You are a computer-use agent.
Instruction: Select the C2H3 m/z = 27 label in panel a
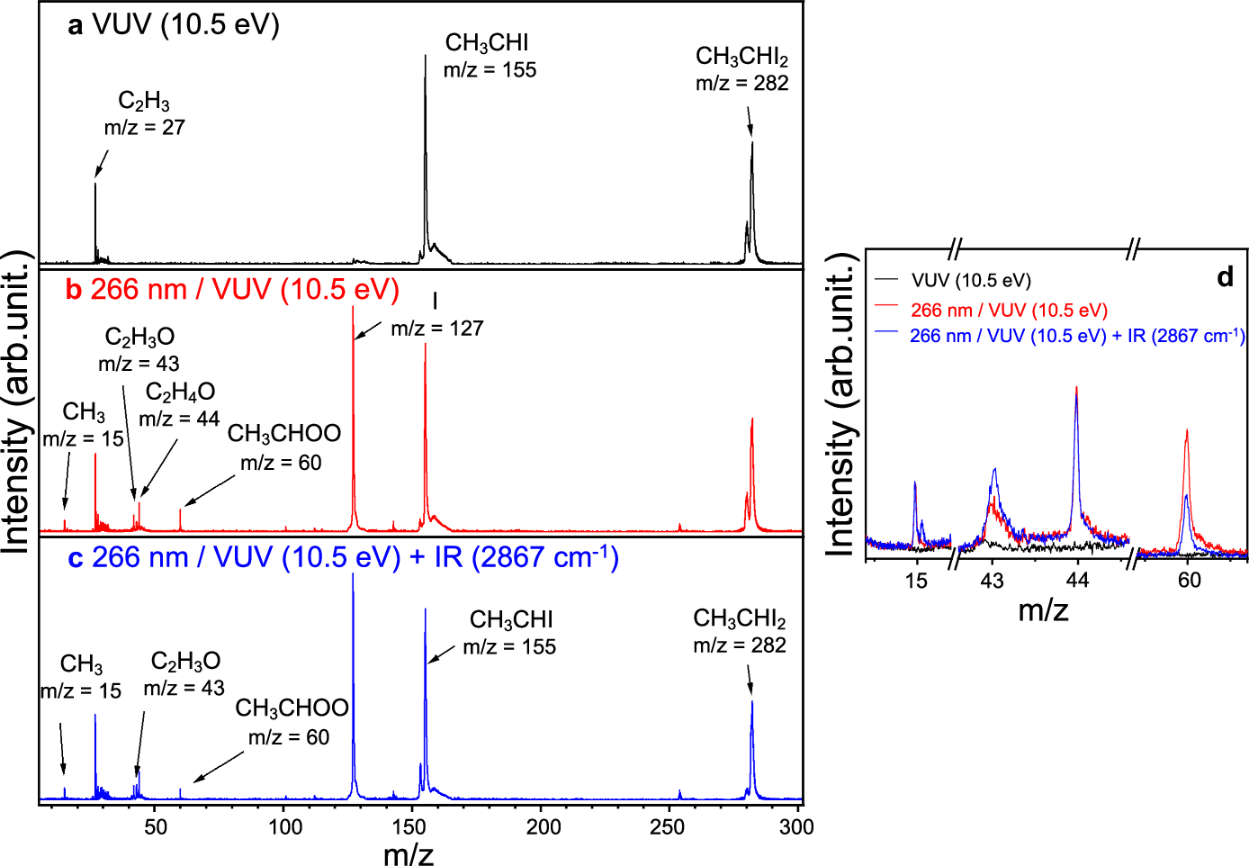[x=144, y=114]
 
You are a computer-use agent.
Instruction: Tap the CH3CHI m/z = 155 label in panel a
[x=489, y=56]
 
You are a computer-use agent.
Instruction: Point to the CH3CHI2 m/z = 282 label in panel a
[x=741, y=69]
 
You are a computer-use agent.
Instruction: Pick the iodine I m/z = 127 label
[x=436, y=315]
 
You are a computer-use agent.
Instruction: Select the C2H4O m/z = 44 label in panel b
[x=180, y=405]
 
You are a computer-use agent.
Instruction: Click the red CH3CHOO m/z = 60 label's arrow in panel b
[x=209, y=490]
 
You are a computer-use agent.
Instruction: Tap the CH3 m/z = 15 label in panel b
[x=84, y=425]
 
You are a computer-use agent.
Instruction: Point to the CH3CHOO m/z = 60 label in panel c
[x=291, y=722]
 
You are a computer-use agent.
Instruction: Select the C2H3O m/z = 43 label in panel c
[x=184, y=674]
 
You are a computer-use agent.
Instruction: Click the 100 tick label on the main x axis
[x=285, y=826]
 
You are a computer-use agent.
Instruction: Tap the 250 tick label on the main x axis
[x=667, y=826]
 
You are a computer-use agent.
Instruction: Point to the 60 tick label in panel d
[x=1189, y=581]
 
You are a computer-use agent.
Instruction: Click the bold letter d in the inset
[x=1225, y=277]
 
